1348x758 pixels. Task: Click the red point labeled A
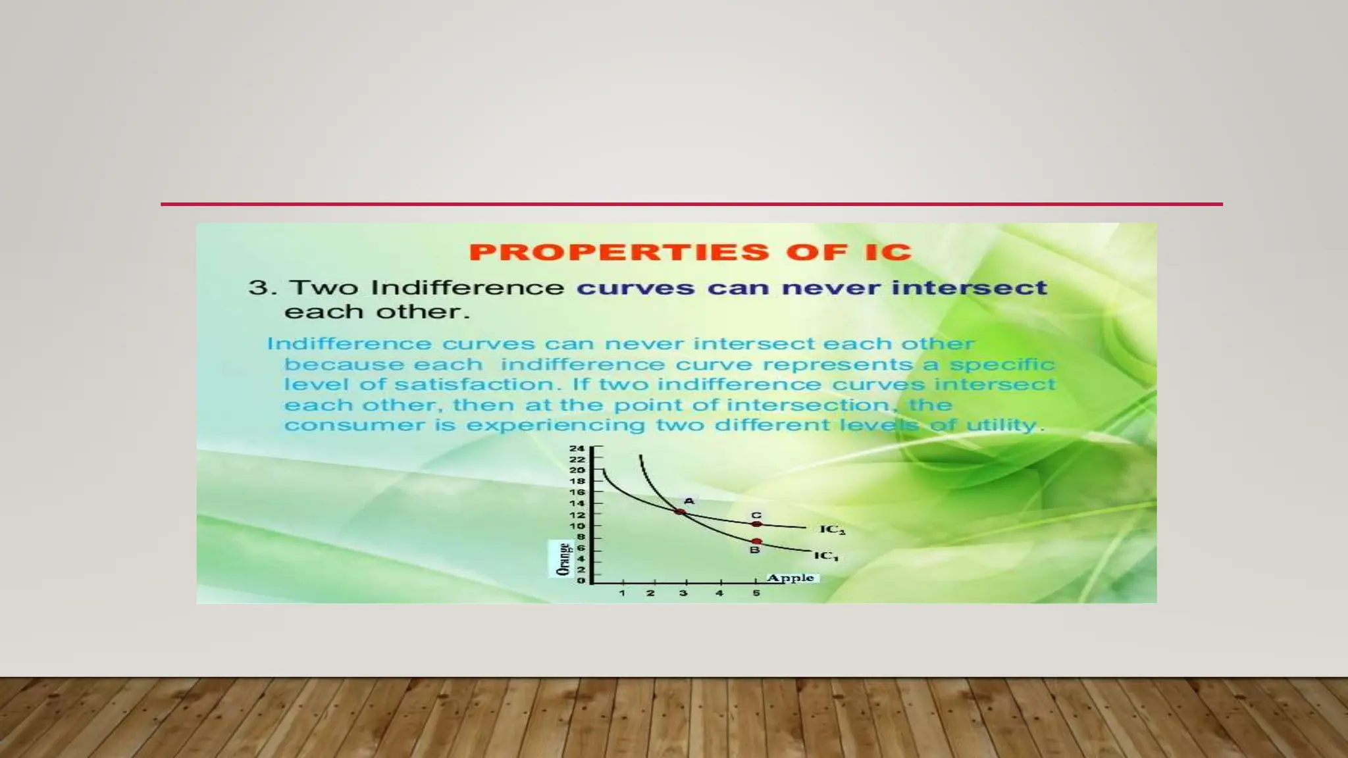coord(681,512)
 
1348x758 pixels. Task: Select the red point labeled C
coord(757,524)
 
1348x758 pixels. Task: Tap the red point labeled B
coord(757,542)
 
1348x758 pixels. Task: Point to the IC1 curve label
coord(826,556)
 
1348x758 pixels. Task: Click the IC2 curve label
coord(832,530)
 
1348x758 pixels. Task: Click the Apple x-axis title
coord(791,578)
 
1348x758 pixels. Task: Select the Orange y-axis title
coord(563,559)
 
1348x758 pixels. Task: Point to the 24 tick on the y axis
coord(577,448)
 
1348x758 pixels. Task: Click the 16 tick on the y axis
coord(577,492)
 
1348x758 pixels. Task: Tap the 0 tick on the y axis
coord(581,581)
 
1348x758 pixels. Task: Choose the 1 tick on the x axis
coord(622,593)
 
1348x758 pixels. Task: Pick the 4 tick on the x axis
coord(719,593)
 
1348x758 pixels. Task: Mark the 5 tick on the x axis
coord(756,593)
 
